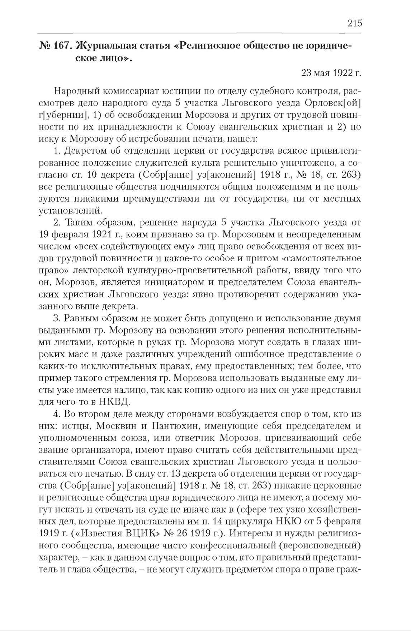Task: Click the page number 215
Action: (x=354, y=23)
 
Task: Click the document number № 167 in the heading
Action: (x=56, y=46)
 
